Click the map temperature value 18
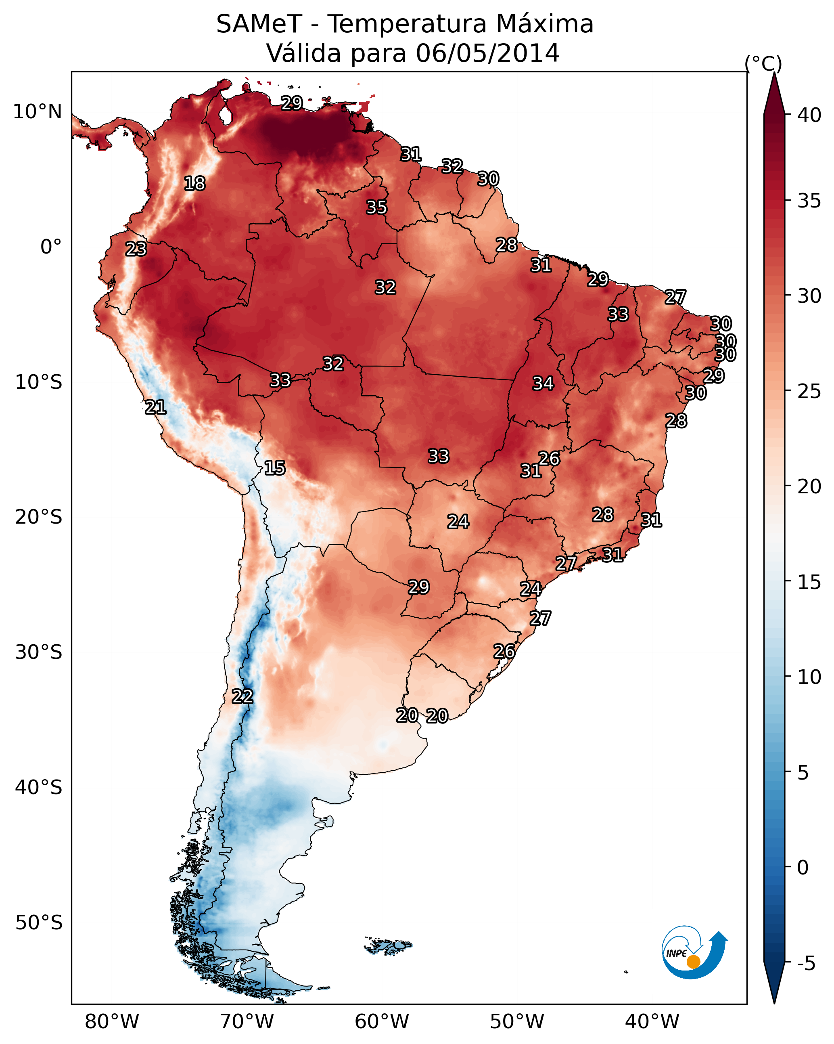(x=194, y=184)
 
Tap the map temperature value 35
(x=376, y=207)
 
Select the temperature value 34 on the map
(x=543, y=383)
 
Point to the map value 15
(x=274, y=468)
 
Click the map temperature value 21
(x=155, y=407)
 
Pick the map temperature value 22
(x=242, y=696)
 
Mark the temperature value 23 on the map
(x=136, y=249)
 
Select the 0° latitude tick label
(x=51, y=247)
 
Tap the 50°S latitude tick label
(x=39, y=923)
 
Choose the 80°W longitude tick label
(x=112, y=1021)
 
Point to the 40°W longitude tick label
(x=652, y=1021)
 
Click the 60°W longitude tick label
(x=382, y=1021)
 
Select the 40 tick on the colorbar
(x=809, y=115)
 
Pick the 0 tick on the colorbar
(x=803, y=867)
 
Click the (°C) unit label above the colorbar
(x=763, y=63)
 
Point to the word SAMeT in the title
(x=259, y=24)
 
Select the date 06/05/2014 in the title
(x=487, y=53)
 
